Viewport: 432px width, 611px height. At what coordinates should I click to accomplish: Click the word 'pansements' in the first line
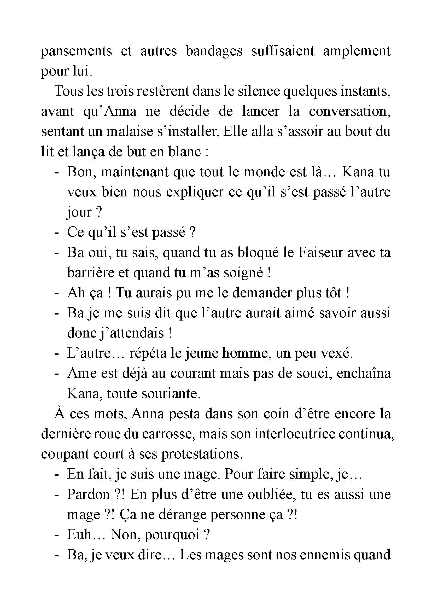click(76, 51)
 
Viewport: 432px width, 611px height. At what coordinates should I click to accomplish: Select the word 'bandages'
click(214, 51)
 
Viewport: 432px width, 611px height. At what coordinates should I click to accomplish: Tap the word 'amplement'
click(357, 51)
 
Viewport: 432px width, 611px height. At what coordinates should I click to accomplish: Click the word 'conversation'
click(349, 111)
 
